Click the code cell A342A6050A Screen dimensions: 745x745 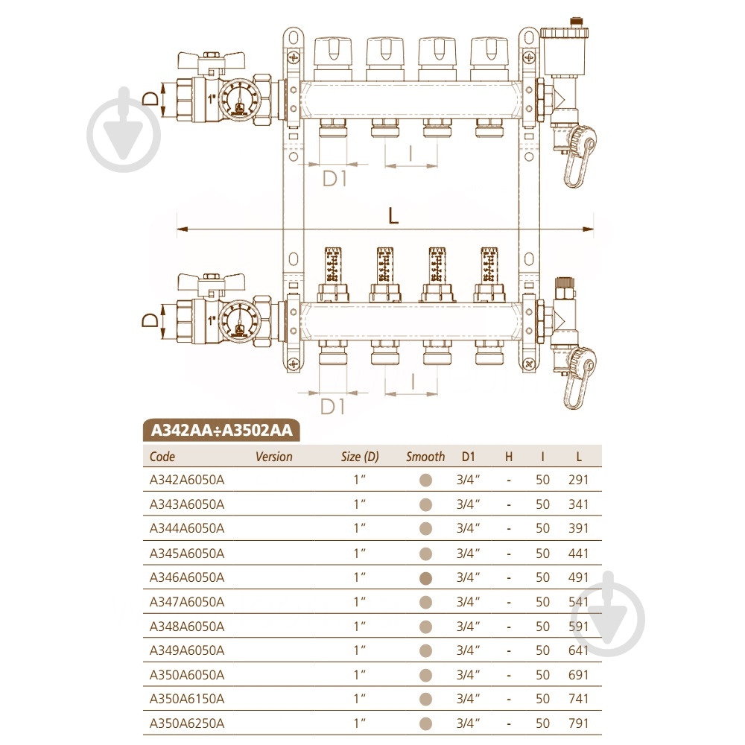(x=187, y=480)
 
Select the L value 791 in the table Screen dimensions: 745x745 (x=577, y=723)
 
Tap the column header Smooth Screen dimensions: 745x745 (x=425, y=457)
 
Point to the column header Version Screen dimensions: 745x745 (x=273, y=457)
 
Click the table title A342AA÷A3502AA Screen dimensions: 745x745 (x=221, y=431)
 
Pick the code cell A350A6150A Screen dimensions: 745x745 (x=187, y=699)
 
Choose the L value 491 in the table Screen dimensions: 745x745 (x=577, y=577)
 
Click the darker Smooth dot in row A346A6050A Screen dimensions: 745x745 (x=426, y=577)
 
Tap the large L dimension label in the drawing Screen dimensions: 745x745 (x=393, y=215)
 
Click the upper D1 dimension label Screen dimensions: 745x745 (x=335, y=179)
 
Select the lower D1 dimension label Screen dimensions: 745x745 (x=335, y=407)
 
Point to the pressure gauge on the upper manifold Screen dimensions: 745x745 (x=241, y=102)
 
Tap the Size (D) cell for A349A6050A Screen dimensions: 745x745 (x=361, y=650)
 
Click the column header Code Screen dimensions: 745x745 (x=162, y=457)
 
